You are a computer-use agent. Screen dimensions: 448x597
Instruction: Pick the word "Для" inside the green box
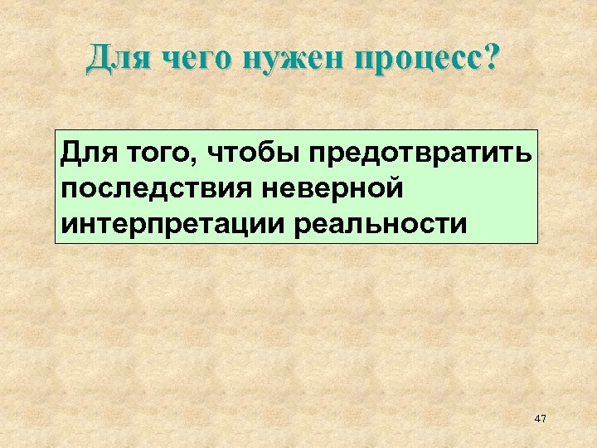tap(86, 153)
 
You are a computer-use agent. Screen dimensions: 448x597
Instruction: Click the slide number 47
tap(541, 420)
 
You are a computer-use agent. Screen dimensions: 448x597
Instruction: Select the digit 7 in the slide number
tap(544, 420)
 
